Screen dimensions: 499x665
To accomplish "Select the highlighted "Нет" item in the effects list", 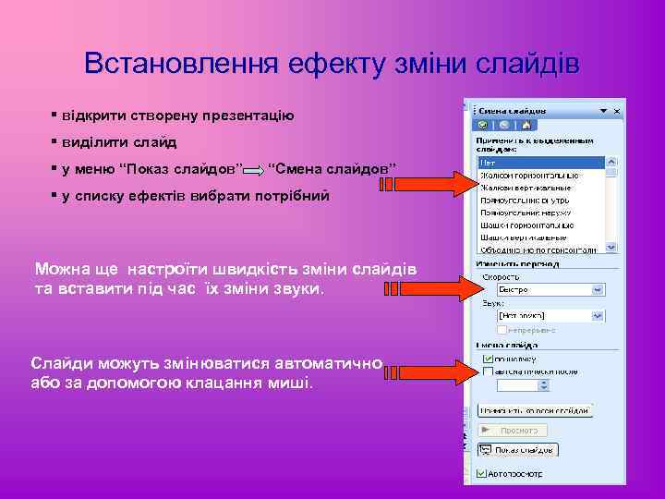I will tap(540, 162).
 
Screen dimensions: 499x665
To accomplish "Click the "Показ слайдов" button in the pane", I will tap(517, 450).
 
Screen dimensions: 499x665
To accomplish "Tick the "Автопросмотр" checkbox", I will tap(481, 474).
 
